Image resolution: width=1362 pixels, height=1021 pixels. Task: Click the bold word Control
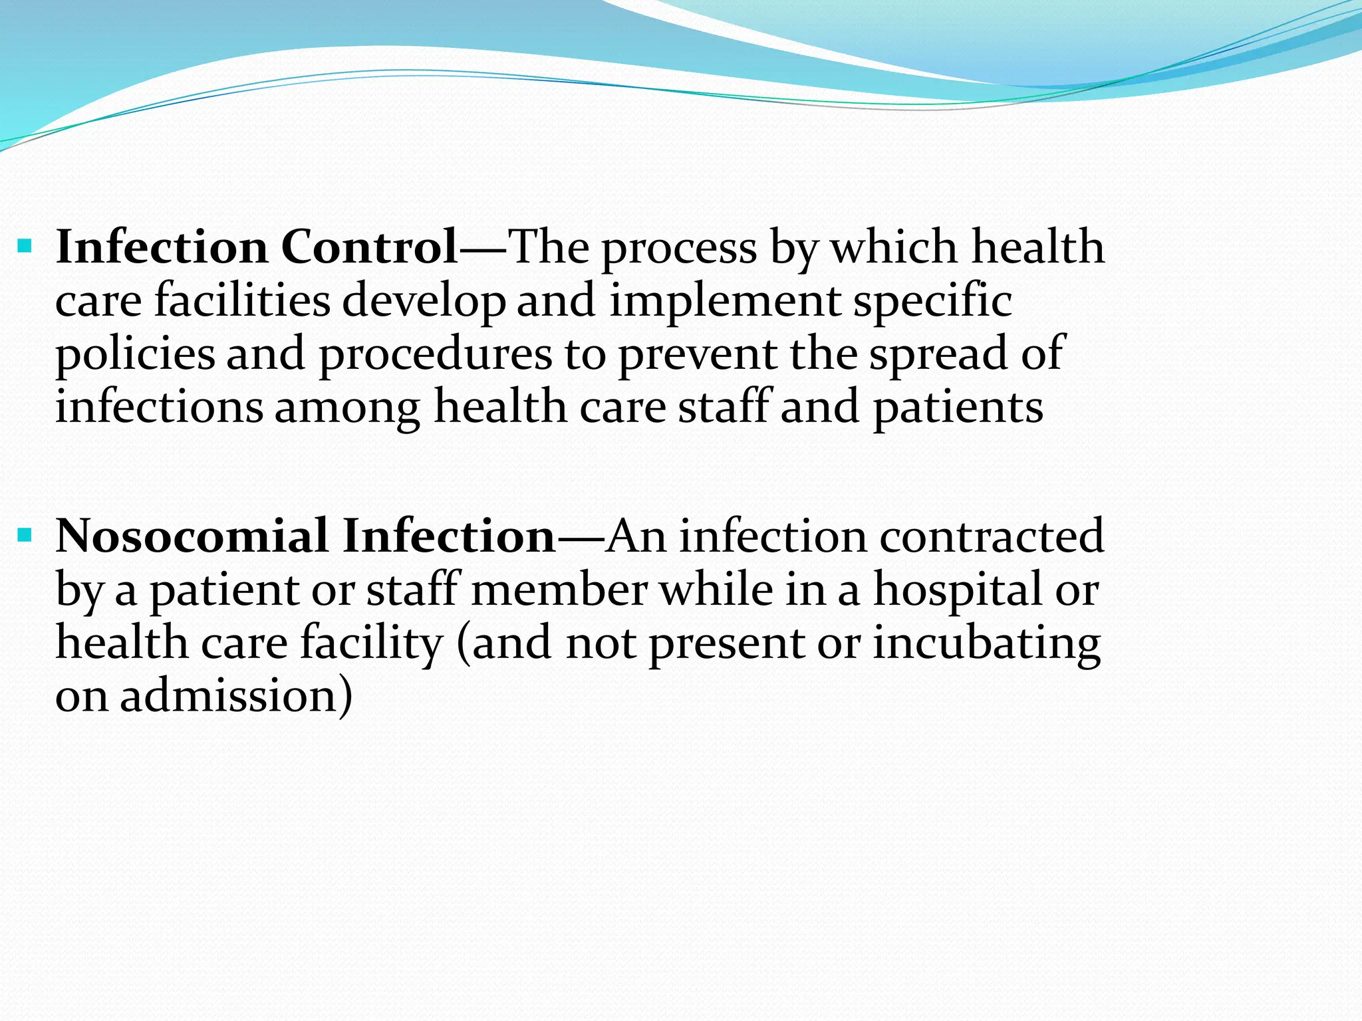370,247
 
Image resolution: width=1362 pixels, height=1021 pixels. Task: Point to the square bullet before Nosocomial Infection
25,534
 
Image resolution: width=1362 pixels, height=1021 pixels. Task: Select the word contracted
992,536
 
